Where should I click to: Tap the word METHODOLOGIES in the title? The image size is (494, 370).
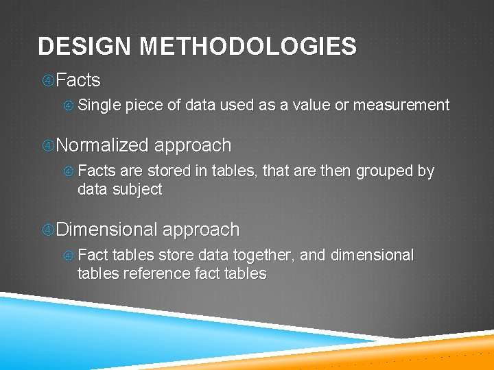[x=248, y=47]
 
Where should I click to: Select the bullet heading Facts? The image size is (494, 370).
[x=78, y=80]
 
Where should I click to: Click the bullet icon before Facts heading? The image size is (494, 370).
[x=48, y=81]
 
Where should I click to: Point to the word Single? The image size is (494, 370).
[x=99, y=105]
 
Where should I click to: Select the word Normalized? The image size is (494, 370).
[x=103, y=145]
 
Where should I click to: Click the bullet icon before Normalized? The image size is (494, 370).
[x=48, y=146]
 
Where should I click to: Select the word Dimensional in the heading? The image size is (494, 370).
[x=108, y=230]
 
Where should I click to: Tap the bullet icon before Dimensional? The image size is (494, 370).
[x=48, y=230]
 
